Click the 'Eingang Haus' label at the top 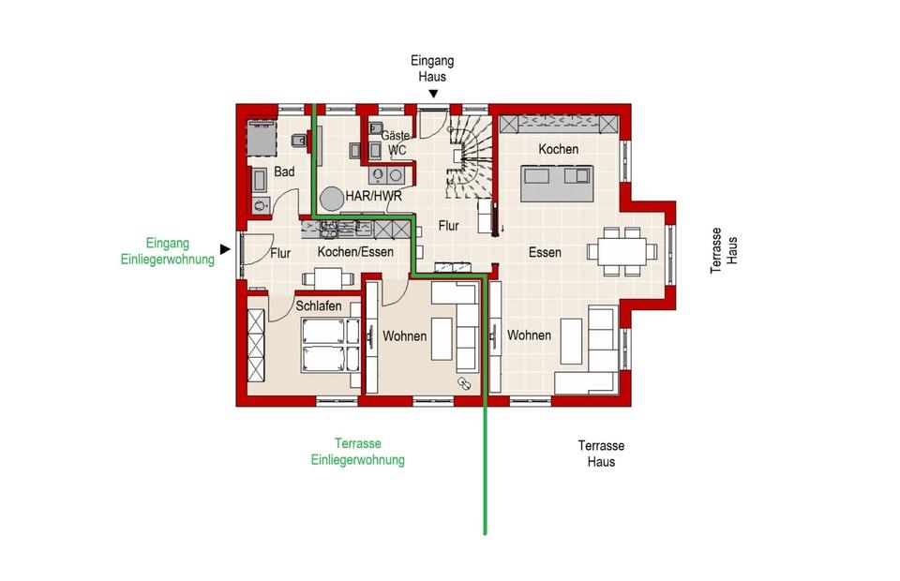(432, 68)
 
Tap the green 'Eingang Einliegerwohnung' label (167, 251)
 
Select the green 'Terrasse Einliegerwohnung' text (357, 452)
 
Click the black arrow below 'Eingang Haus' (433, 94)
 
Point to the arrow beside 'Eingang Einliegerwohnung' (225, 249)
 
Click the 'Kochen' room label (558, 149)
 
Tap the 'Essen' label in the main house (545, 252)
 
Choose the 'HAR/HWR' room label (374, 196)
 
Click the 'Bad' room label (284, 171)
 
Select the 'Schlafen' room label (319, 306)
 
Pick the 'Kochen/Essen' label (355, 252)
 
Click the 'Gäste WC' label (396, 142)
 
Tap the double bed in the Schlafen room (323, 345)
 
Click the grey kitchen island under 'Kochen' (557, 184)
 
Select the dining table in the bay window (622, 252)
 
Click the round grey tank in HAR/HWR (332, 199)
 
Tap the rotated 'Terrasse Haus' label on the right (724, 250)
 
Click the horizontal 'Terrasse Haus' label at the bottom (601, 454)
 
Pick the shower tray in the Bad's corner (262, 139)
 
